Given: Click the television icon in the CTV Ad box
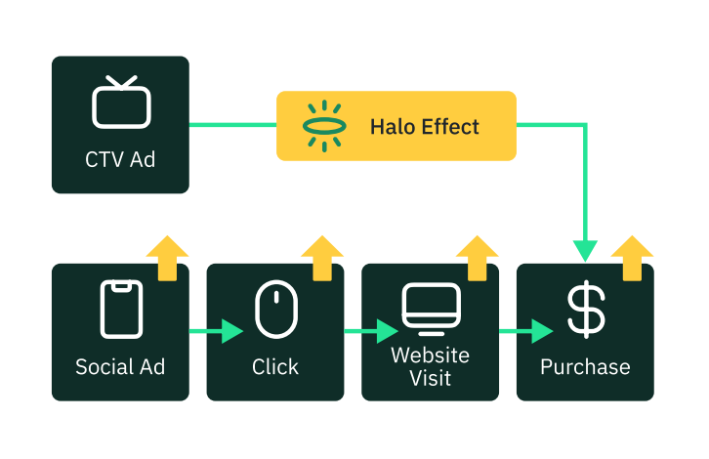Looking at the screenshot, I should [120, 103].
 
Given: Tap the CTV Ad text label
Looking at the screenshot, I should [120, 158].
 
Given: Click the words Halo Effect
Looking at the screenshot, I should [424, 126].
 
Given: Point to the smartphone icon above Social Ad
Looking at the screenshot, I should [120, 310].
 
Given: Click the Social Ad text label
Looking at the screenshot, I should [120, 367].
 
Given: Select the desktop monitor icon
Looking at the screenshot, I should [431, 308].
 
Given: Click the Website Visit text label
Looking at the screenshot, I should [431, 366].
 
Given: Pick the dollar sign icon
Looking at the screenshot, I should [586, 309].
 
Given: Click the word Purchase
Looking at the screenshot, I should [586, 367].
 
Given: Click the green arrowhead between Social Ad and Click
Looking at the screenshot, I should [231, 331].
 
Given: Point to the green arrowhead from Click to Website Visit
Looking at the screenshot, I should [387, 331].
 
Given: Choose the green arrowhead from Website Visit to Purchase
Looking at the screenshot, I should [541, 331].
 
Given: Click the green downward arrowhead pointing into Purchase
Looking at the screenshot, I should [585, 250].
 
